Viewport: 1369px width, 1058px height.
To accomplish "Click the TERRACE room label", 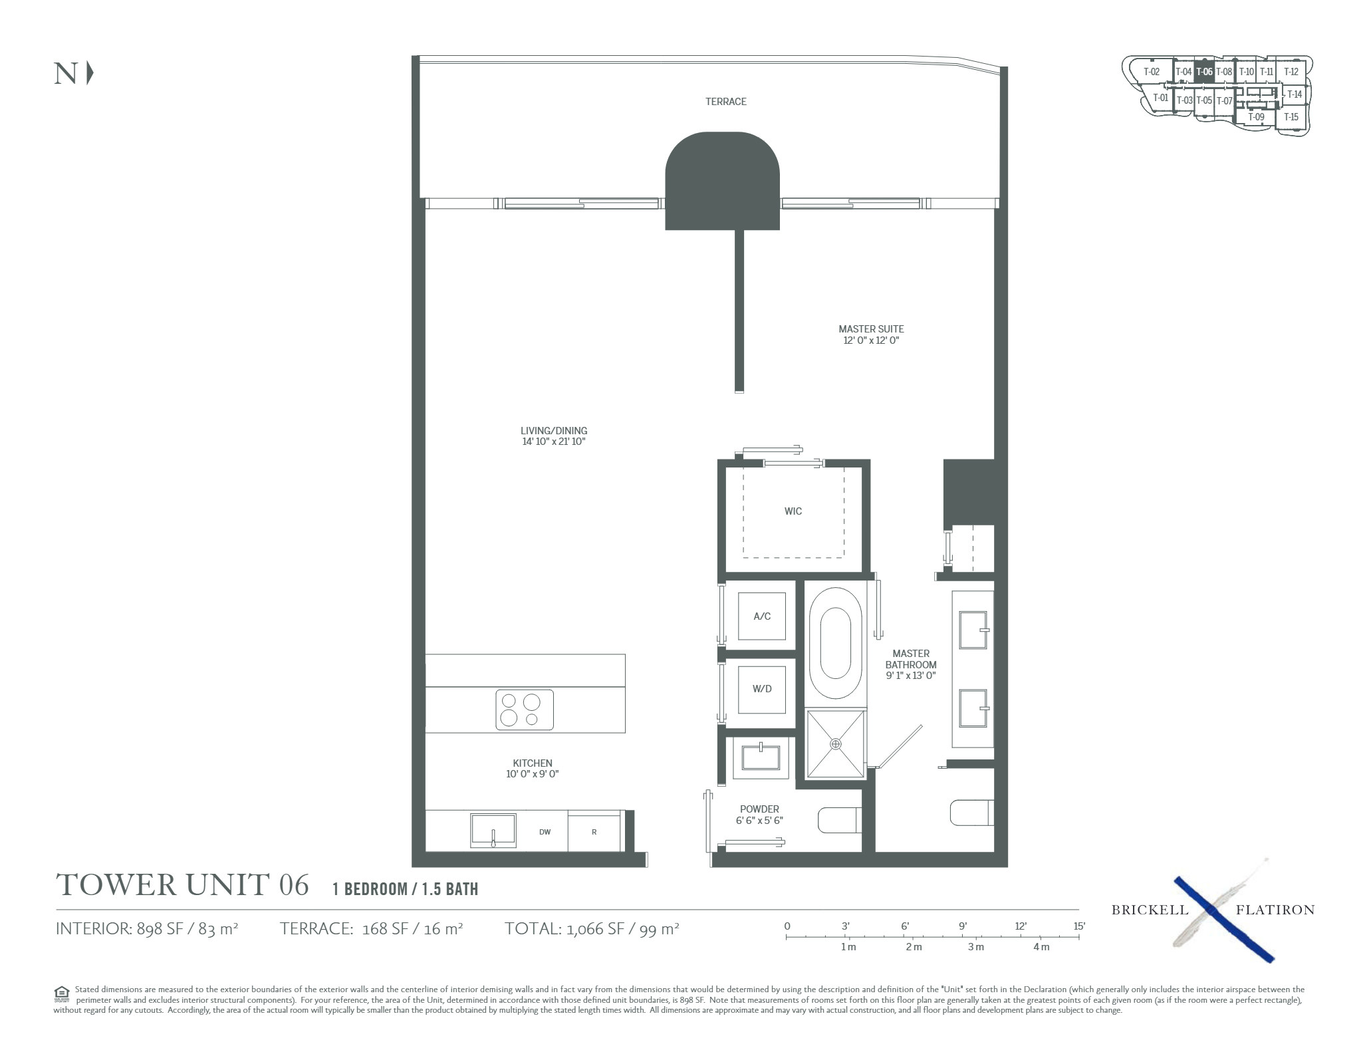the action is point(725,102).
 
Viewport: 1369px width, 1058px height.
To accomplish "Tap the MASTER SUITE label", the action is point(871,329).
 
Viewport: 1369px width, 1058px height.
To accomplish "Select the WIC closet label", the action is point(793,511).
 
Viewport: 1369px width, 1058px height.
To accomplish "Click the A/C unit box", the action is point(762,616).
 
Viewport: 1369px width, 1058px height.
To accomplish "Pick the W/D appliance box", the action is point(762,689).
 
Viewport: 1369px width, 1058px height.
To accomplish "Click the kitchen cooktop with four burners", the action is point(524,710).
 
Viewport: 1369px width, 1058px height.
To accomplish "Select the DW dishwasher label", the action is point(545,832).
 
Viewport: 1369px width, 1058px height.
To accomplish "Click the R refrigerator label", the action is point(594,832).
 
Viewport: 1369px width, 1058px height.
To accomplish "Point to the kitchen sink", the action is point(493,831).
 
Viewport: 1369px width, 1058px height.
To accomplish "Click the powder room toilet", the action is point(840,820).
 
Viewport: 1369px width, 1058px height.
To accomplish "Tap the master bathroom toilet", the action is point(972,813).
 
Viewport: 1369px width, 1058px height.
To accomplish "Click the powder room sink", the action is point(761,757).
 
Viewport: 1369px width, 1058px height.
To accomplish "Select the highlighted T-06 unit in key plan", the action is point(1204,72).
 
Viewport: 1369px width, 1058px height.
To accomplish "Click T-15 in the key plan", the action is point(1291,117).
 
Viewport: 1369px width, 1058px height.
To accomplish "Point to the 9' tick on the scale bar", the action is point(963,936).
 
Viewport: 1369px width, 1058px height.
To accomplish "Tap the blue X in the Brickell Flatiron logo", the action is point(1223,920).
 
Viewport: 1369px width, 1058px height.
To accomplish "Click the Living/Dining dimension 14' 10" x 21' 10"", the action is point(554,442).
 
